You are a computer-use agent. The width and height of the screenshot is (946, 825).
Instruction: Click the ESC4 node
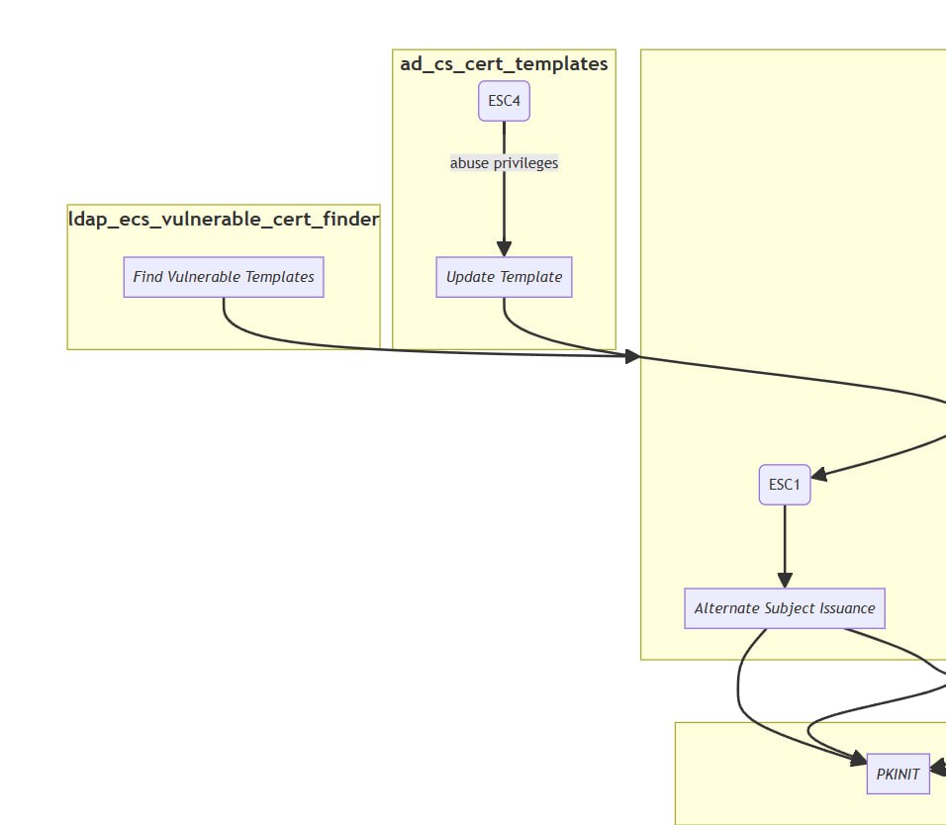(x=504, y=101)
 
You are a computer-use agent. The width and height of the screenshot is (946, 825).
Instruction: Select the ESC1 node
(x=785, y=485)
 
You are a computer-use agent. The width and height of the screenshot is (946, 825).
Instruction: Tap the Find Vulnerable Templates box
(x=224, y=277)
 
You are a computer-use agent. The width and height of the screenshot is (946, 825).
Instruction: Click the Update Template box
(x=504, y=277)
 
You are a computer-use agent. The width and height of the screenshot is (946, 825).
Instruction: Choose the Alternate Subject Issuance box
(x=785, y=608)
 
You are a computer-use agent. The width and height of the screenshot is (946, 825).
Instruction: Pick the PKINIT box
(x=898, y=774)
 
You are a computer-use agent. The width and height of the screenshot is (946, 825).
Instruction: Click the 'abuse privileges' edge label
(x=504, y=163)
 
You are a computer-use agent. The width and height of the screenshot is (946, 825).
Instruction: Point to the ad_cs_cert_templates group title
(x=504, y=64)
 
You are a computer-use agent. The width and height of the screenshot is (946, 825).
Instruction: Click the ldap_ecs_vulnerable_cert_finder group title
(x=224, y=219)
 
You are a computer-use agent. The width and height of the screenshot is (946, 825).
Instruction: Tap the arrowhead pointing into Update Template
(x=504, y=249)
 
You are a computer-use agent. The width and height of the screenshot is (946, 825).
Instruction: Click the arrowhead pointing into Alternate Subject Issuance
(x=785, y=580)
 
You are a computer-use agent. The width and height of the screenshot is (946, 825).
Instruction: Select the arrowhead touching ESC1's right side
(x=818, y=475)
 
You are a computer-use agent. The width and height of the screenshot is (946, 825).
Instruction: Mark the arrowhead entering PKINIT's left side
(x=858, y=759)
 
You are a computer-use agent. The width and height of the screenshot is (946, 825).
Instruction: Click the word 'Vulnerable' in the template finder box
(x=204, y=277)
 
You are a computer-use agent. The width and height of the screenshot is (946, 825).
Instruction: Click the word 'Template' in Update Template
(x=531, y=277)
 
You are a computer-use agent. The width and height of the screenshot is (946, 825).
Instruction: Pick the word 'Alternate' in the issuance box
(x=727, y=608)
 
